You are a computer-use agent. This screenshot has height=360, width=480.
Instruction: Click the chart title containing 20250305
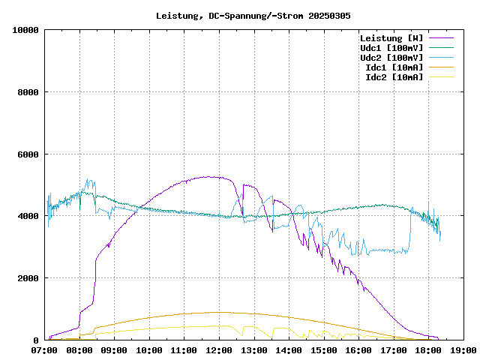pos(253,15)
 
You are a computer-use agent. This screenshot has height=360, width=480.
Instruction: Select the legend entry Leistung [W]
pos(391,38)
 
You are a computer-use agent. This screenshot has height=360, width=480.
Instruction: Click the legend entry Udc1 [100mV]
pos(391,48)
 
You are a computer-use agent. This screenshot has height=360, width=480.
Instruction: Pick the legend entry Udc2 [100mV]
pos(391,58)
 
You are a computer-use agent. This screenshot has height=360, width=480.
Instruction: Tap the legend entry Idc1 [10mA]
pos(394,67)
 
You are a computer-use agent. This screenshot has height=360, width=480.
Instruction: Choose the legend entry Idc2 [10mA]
pos(394,77)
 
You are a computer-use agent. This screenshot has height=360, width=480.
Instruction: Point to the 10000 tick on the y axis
pos(25,30)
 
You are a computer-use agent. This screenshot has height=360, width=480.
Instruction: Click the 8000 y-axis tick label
pos(28,92)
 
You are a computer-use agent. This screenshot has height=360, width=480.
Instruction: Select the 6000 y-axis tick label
pos(28,154)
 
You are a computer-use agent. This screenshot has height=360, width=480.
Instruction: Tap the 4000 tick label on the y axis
pos(28,216)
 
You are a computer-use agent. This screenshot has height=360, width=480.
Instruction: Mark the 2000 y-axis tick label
pos(28,278)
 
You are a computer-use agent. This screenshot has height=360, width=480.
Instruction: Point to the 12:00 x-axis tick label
pos(219,350)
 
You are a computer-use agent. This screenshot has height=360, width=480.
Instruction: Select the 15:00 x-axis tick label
pos(324,350)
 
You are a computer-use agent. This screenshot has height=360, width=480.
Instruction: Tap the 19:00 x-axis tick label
pos(463,350)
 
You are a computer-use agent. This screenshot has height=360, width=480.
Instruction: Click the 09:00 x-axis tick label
pos(115,350)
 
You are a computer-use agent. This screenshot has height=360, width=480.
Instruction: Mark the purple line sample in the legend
pos(442,38)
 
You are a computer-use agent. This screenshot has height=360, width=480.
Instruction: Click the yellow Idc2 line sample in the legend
pos(442,77)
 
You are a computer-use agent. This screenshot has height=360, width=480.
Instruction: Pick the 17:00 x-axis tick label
pos(394,350)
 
